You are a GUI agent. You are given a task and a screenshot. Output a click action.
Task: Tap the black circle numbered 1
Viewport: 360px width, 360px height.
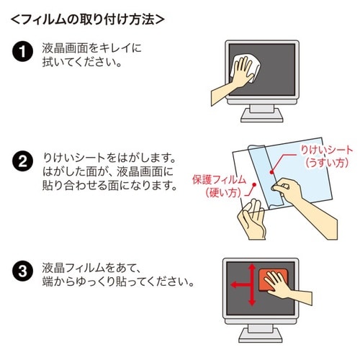point(23,53)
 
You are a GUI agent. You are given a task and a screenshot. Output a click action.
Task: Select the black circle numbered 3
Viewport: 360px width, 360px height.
point(23,273)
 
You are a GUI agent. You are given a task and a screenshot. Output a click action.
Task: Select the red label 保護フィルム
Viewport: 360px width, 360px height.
point(219,179)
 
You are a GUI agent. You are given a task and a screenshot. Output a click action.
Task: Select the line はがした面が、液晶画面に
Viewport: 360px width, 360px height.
point(108,171)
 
